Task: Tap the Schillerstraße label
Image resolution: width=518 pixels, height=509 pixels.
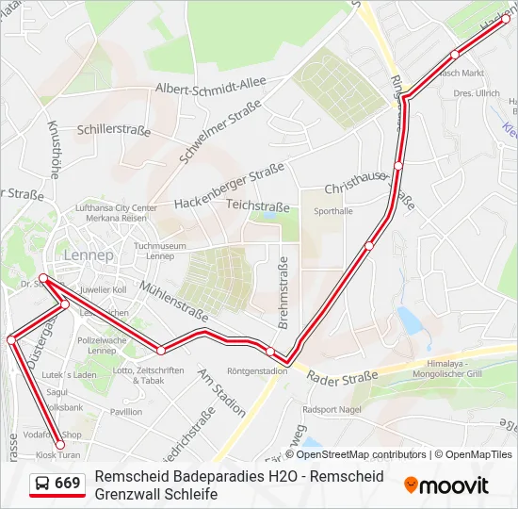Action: point(114,130)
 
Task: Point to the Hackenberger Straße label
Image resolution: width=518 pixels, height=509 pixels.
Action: point(229,187)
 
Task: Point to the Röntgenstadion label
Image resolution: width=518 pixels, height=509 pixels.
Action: point(257,370)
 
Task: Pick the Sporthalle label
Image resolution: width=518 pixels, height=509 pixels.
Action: point(332,211)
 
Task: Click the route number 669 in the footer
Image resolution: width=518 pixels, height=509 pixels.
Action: point(68,484)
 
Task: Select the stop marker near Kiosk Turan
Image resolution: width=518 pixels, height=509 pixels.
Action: point(59,445)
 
